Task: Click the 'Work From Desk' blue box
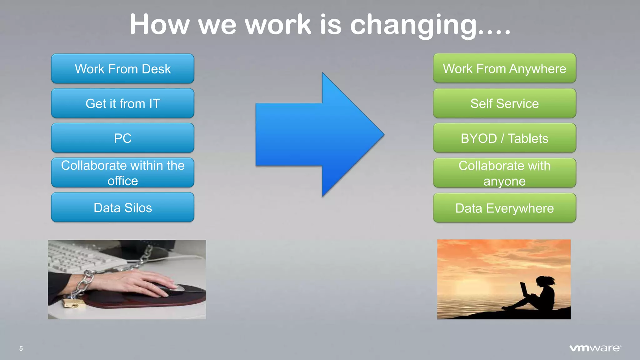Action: pyautogui.click(x=122, y=69)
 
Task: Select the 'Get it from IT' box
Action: pyautogui.click(x=122, y=103)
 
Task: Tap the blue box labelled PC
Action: pyautogui.click(x=122, y=138)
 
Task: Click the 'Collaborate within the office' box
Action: pyautogui.click(x=122, y=173)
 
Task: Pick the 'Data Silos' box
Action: pyautogui.click(x=122, y=207)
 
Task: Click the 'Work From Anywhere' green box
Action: pyautogui.click(x=504, y=68)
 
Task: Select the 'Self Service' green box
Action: pyautogui.click(x=504, y=103)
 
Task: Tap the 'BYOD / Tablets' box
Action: pyautogui.click(x=504, y=138)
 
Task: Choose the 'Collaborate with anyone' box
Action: pyautogui.click(x=504, y=173)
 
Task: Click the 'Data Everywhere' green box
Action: pyautogui.click(x=504, y=208)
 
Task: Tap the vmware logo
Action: pyautogui.click(x=595, y=348)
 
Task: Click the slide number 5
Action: pyautogui.click(x=21, y=348)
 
